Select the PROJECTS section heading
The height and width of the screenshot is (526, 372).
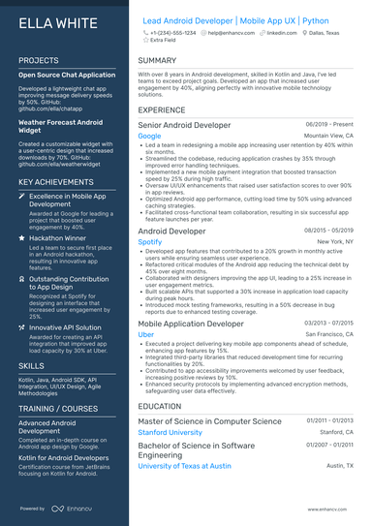[39, 60]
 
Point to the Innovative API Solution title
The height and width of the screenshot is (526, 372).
[67, 327]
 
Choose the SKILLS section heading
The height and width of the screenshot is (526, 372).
[31, 367]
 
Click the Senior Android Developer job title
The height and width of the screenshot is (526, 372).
[184, 125]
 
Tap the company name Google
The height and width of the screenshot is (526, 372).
[149, 137]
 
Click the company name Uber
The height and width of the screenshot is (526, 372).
[146, 333]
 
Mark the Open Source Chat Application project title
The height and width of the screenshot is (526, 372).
[66, 75]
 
